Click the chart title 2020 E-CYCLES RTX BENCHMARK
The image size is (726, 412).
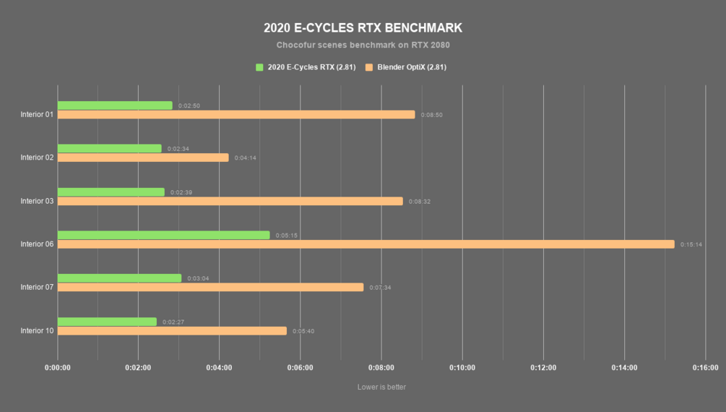pyautogui.click(x=363, y=28)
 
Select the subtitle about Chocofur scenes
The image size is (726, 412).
pyautogui.click(x=363, y=45)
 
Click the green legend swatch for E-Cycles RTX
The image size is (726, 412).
pyautogui.click(x=260, y=67)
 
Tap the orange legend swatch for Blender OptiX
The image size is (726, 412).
pyautogui.click(x=369, y=67)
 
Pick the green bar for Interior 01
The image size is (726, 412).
pyautogui.click(x=115, y=106)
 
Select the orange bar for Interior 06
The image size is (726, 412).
pyautogui.click(x=366, y=244)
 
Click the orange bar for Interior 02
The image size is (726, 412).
pyautogui.click(x=143, y=158)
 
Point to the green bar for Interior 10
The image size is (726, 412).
pyautogui.click(x=107, y=322)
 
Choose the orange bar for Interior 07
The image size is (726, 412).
pyautogui.click(x=210, y=287)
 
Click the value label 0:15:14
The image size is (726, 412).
pyautogui.click(x=691, y=244)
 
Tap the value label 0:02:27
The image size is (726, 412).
pyautogui.click(x=173, y=322)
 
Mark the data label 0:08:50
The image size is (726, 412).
pyautogui.click(x=432, y=115)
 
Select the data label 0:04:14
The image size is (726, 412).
pyautogui.click(x=246, y=158)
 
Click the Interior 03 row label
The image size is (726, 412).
pyautogui.click(x=37, y=201)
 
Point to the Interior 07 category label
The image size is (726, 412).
pyautogui.click(x=37, y=287)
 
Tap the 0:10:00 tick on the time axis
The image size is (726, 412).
pyautogui.click(x=462, y=367)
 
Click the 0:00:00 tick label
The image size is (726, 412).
pyautogui.click(x=58, y=367)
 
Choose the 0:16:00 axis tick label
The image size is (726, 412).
pyautogui.click(x=705, y=367)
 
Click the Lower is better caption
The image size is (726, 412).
pyautogui.click(x=381, y=387)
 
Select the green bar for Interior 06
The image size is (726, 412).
pyautogui.click(x=163, y=235)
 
